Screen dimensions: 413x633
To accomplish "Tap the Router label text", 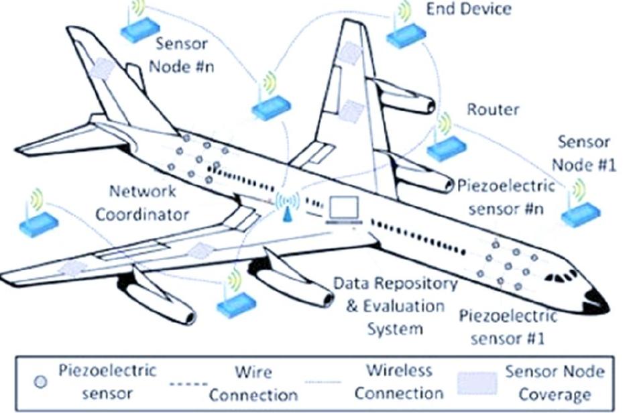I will [493, 109].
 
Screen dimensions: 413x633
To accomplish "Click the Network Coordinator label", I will [142, 202].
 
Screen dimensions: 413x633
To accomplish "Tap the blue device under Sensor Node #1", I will [580, 213].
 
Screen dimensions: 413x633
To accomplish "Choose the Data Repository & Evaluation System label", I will [396, 306].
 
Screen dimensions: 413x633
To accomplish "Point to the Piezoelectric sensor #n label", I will [506, 196].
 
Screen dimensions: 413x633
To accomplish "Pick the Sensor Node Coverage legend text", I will [555, 382].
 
